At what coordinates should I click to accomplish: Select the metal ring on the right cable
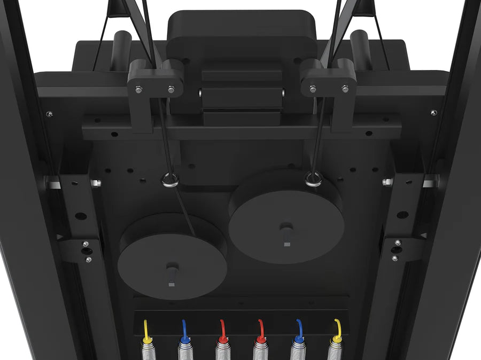[314, 179]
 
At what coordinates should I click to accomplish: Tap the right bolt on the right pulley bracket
[345, 89]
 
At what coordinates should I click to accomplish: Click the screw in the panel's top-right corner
[433, 113]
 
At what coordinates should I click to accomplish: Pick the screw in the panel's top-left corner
[49, 114]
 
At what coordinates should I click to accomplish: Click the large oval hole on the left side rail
[81, 216]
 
